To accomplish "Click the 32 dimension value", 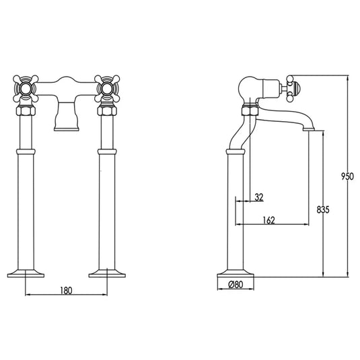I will (259, 196).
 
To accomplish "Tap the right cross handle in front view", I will (106, 88).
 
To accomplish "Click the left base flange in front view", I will (26, 273).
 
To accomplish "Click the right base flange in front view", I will (107, 273).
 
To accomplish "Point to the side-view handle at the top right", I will (291, 87).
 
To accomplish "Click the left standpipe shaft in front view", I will (26, 202).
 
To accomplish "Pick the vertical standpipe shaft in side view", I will (234, 209).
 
